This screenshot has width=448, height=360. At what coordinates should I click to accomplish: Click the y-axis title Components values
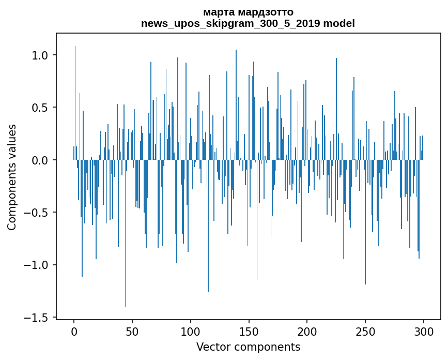point(12,177)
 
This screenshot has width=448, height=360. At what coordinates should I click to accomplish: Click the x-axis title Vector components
point(248,347)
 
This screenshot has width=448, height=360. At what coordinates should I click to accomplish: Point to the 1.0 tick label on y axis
point(41,55)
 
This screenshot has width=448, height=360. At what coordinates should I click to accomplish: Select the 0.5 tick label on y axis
point(41,108)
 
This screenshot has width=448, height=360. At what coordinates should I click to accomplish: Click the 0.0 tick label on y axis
point(41,160)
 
